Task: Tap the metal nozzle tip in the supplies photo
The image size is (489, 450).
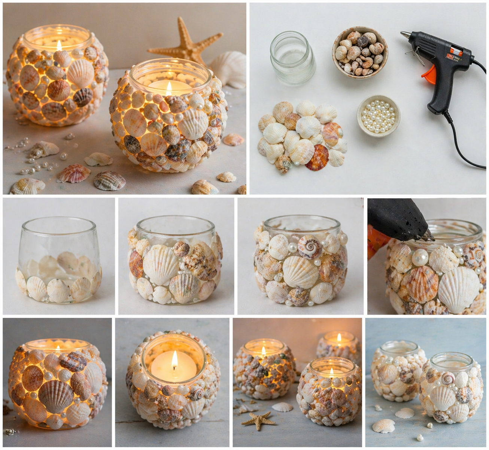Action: (x=404, y=34)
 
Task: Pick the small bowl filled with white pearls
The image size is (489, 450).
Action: (x=378, y=115)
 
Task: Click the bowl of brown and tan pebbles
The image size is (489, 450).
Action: (x=360, y=52)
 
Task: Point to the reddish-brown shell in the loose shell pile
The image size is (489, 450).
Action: (x=316, y=157)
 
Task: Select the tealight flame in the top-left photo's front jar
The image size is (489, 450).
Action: (x=169, y=88)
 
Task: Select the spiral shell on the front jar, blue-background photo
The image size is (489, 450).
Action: (x=447, y=379)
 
